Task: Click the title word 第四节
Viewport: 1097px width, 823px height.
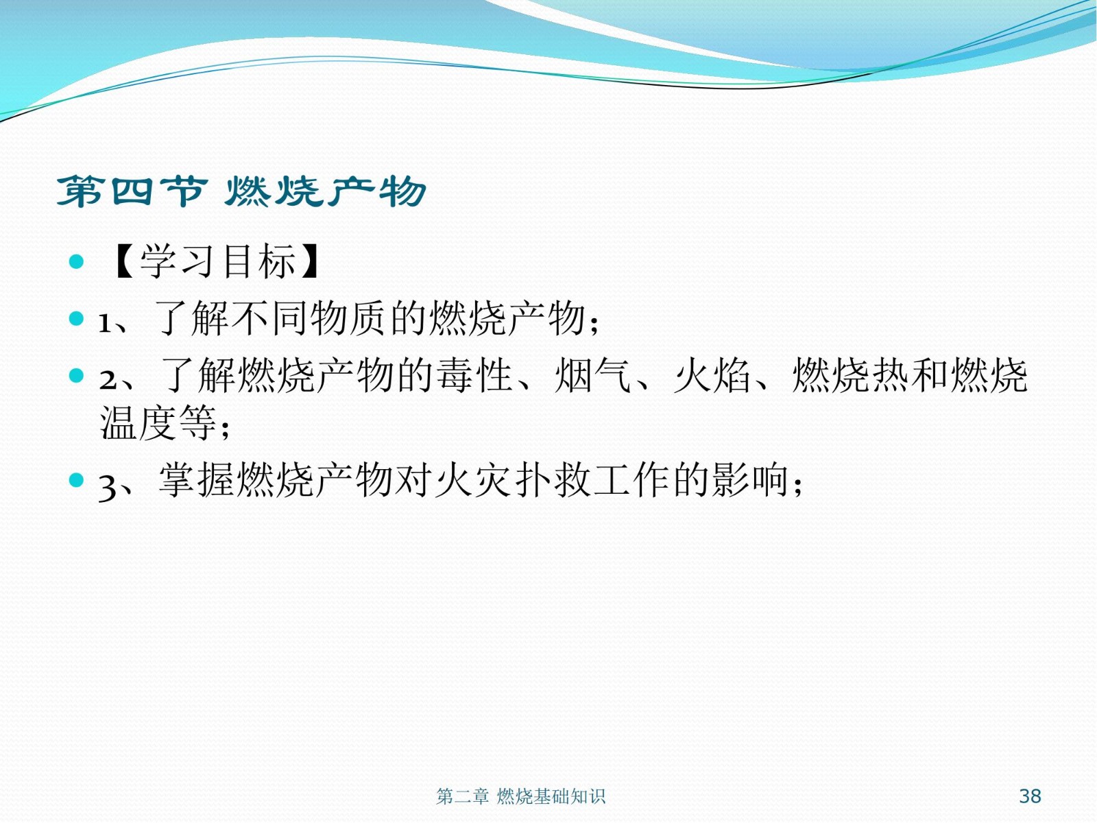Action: click(132, 191)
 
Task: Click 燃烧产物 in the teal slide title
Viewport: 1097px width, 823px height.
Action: click(326, 191)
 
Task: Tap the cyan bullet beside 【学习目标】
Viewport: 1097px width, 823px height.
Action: click(76, 261)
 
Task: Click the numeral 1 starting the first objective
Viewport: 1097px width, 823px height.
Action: click(104, 323)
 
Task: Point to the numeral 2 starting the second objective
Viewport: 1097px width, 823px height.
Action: click(108, 380)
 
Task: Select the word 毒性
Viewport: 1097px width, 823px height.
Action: click(474, 375)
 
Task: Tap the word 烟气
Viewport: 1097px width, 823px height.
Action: click(593, 375)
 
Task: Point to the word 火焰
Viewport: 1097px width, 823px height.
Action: click(712, 375)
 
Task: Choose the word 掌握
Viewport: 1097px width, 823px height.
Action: click(196, 479)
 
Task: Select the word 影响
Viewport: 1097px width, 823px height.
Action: click(750, 479)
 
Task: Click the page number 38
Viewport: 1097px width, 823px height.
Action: click(1030, 796)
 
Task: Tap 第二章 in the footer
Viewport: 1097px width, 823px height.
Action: click(462, 796)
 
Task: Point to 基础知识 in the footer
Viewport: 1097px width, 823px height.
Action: click(569, 796)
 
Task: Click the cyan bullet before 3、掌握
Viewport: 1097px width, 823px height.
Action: click(76, 480)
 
